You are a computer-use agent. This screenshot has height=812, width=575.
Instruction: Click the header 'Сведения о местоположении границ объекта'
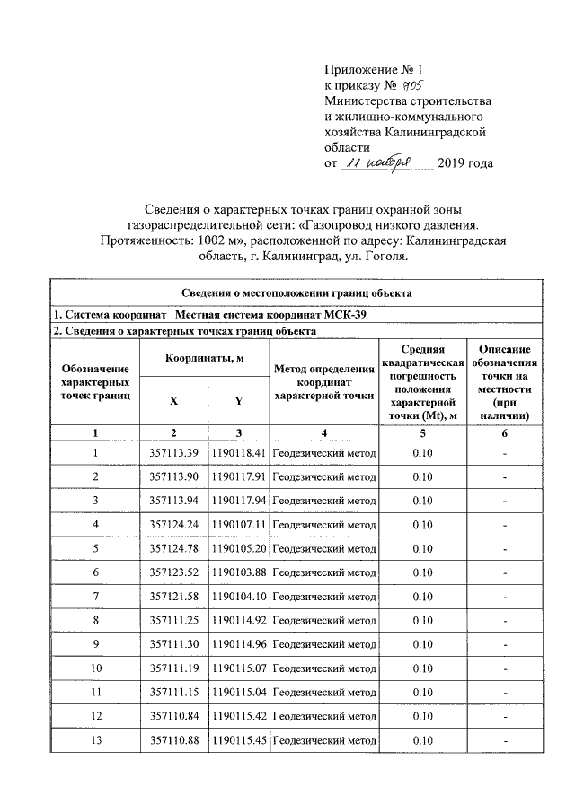coord(296,293)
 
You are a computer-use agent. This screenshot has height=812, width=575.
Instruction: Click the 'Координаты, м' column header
coord(203,359)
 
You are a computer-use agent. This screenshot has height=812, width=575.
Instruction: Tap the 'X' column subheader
coord(172,401)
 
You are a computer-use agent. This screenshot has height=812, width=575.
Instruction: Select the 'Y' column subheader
coord(237,401)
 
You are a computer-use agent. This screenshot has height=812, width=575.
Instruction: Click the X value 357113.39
coord(173,454)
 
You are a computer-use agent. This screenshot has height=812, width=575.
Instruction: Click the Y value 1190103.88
coord(238,572)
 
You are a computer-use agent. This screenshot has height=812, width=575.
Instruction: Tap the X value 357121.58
coord(173,596)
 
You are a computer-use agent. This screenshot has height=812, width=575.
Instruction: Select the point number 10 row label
coord(95,668)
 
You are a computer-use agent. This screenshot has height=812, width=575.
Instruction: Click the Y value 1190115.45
coord(238,739)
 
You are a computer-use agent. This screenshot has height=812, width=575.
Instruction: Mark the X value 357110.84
coord(173,715)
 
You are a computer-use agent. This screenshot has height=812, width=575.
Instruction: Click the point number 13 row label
coord(95,739)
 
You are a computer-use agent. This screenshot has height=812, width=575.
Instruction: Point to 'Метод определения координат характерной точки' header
coord(323,381)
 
